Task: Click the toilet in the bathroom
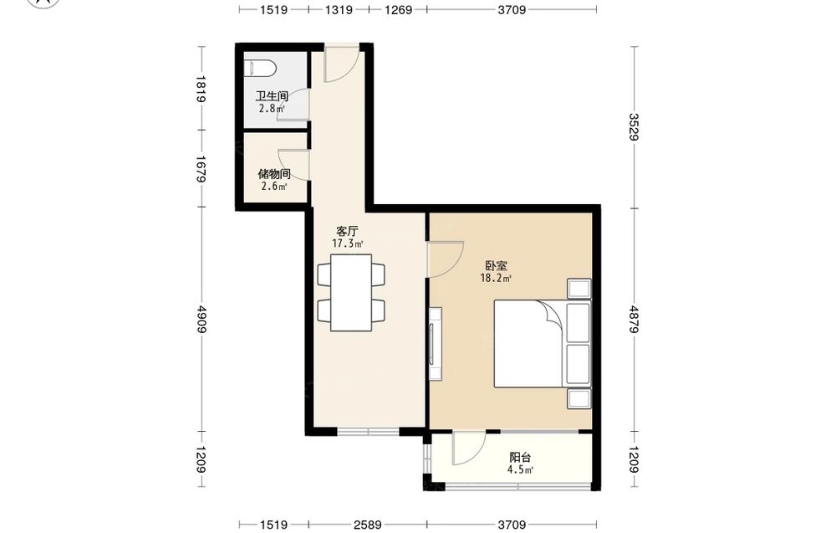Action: click(260, 69)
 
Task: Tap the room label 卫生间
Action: click(272, 96)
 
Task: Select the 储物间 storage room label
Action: click(274, 174)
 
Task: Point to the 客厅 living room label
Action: click(347, 232)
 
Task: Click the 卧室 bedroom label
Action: click(496, 265)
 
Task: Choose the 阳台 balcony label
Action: click(520, 457)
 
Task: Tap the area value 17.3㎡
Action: click(348, 243)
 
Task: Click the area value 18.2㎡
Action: click(496, 278)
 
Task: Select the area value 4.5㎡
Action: click(520, 470)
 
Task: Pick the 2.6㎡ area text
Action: click(274, 187)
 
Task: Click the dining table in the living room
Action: click(351, 293)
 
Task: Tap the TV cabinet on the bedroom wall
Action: click(435, 344)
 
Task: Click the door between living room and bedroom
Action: click(446, 259)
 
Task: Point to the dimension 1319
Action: click(339, 9)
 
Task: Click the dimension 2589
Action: click(367, 525)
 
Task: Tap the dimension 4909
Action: click(201, 319)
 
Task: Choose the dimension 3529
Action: click(635, 126)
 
